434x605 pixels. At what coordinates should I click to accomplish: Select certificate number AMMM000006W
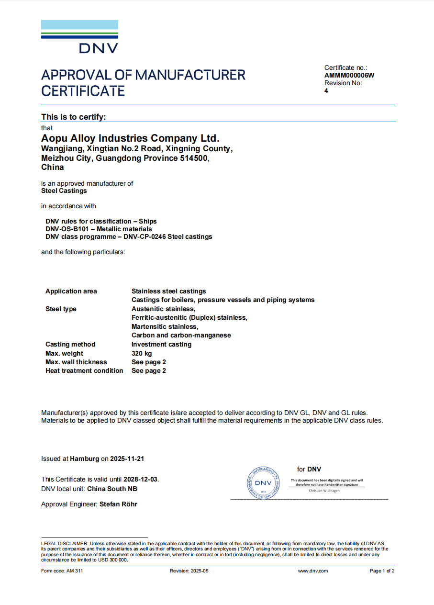pyautogui.click(x=349, y=75)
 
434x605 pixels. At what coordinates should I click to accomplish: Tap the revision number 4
pyautogui.click(x=326, y=90)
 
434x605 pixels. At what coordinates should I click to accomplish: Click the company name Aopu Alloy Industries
pyautogui.click(x=130, y=138)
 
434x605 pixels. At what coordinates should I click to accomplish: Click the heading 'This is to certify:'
pyautogui.click(x=74, y=117)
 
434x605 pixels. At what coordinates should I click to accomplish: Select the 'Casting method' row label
pyautogui.click(x=70, y=344)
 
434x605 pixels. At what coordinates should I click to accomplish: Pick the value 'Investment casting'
pyautogui.click(x=161, y=344)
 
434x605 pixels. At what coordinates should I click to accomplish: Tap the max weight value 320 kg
pyautogui.click(x=142, y=353)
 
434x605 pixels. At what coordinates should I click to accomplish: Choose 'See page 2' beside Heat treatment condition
pyautogui.click(x=149, y=370)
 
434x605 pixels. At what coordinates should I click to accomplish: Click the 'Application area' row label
pyautogui.click(x=71, y=291)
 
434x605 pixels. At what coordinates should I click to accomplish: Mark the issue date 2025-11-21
pyautogui.click(x=127, y=459)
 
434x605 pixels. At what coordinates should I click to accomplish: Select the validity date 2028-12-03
pyautogui.click(x=141, y=479)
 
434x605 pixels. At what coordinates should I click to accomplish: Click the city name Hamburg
pyautogui.click(x=84, y=459)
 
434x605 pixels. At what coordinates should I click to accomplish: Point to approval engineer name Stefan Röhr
pyautogui.click(x=118, y=504)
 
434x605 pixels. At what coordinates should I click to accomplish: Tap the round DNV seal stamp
pyautogui.click(x=263, y=483)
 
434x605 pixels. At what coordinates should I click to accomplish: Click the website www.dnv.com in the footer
pyautogui.click(x=313, y=571)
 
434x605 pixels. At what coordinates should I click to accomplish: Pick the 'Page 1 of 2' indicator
pyautogui.click(x=382, y=571)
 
